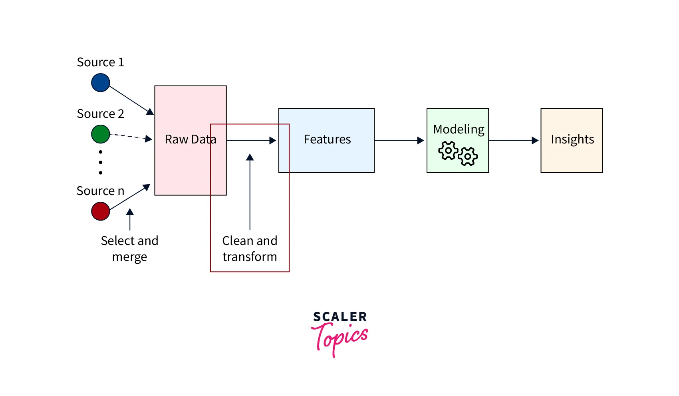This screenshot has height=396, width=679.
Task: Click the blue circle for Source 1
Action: pos(100,83)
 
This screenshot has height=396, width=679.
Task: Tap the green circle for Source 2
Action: pos(100,134)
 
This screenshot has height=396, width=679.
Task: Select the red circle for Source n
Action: pos(100,211)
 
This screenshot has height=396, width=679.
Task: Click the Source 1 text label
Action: pos(100,62)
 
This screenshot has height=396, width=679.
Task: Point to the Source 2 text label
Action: pos(100,114)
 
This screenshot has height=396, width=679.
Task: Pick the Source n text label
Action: pos(100,191)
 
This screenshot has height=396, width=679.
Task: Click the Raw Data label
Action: pos(191,139)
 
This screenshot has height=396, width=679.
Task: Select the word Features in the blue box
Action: pos(327,139)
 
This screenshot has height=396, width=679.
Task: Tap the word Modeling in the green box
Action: pos(459,129)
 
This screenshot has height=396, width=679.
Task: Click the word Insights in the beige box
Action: pos(572,139)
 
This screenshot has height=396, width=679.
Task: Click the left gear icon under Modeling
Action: pos(448,151)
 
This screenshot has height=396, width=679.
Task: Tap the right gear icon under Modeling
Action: pos(467,156)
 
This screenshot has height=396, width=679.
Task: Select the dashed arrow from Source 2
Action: pos(130,137)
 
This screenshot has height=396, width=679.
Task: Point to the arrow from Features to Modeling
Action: pos(399,141)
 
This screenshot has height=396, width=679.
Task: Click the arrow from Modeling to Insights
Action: pos(514,141)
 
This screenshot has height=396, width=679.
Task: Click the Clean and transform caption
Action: pos(250,249)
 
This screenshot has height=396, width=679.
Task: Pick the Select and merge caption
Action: pos(129,249)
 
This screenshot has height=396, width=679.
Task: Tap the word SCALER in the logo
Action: pos(340,317)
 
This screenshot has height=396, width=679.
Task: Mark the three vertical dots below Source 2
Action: pos(101,162)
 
